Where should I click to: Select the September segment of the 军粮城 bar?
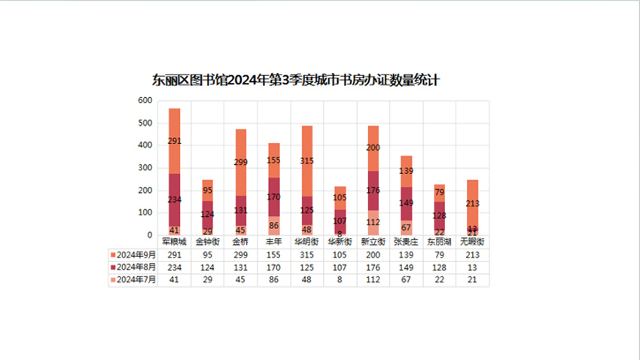(174, 141)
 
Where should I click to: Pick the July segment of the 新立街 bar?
(373, 223)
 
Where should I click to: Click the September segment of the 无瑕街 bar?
(472, 203)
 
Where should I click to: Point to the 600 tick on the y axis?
(145, 101)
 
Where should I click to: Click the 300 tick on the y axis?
(145, 168)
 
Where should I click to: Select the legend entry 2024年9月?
(133, 255)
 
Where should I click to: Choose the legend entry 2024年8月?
(133, 267)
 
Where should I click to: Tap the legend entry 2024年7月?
(133, 279)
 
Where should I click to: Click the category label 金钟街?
(207, 242)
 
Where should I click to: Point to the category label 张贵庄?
(406, 242)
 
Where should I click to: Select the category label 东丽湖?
(439, 242)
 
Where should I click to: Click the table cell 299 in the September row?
(240, 255)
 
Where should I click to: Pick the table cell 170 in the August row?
(273, 267)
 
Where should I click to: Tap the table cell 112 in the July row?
(373, 279)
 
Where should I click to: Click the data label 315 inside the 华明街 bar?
(306, 160)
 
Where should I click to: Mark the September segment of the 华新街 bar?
(340, 199)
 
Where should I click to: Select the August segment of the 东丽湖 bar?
(439, 216)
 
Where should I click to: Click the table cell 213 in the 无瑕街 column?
(472, 255)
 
